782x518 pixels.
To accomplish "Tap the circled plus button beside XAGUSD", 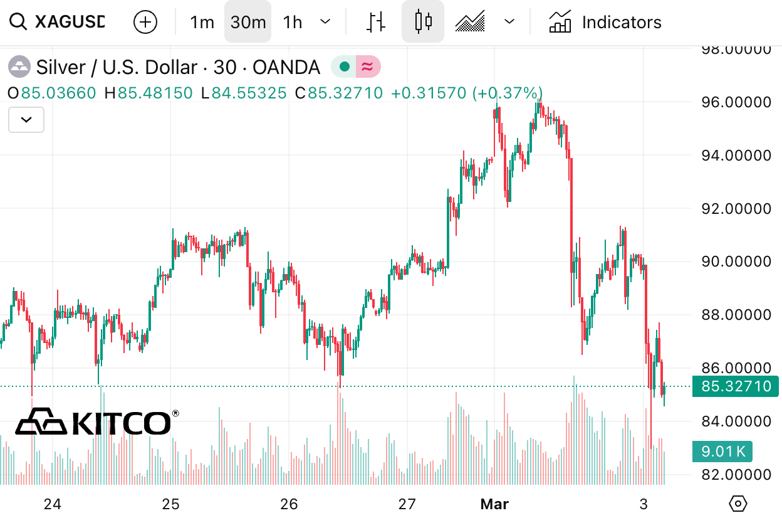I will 145,23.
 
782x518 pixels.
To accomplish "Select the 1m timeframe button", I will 202,23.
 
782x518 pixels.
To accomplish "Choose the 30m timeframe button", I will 248,23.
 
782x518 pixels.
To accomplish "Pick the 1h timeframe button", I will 293,23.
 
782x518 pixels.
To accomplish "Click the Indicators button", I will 605,23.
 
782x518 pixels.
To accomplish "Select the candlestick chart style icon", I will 424,22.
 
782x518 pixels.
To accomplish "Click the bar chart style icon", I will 375,22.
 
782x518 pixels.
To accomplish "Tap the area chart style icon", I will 471,22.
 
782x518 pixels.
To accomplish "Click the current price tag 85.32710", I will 736,386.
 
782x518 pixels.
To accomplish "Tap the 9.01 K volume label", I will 722,451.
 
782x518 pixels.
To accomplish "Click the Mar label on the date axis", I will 494,504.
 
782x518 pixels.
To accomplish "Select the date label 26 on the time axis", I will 289,504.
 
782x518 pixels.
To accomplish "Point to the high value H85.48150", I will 149,93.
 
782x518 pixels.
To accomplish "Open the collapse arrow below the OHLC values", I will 26,120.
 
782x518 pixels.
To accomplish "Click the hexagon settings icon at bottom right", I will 739,503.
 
